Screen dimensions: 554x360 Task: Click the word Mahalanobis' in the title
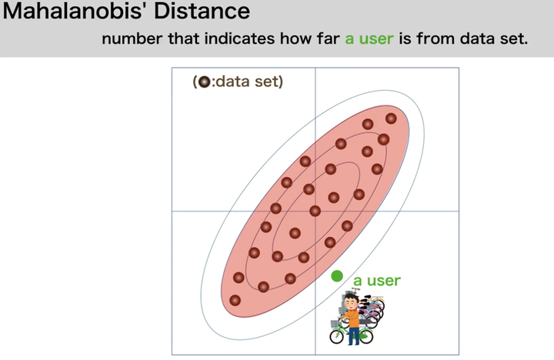(x=75, y=10)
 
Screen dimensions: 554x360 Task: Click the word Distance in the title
(x=202, y=10)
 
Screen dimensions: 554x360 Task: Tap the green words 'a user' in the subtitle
(x=369, y=39)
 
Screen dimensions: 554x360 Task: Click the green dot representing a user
(x=337, y=276)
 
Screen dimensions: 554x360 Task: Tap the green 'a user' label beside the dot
(x=376, y=281)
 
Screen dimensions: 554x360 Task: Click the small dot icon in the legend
(x=204, y=82)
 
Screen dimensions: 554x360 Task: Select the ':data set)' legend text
(x=247, y=82)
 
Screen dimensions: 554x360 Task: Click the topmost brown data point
(x=391, y=118)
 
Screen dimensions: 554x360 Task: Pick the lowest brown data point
(x=235, y=300)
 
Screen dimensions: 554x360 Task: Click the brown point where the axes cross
(x=315, y=212)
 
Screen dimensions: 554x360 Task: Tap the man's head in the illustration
(x=351, y=302)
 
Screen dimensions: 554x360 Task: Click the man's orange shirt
(x=352, y=318)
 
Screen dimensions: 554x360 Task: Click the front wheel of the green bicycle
(x=336, y=336)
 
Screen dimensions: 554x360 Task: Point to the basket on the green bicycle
(x=335, y=324)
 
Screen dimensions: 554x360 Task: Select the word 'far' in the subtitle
(x=329, y=39)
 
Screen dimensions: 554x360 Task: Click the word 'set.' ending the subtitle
(x=514, y=39)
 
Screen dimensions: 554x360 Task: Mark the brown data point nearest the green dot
(x=329, y=242)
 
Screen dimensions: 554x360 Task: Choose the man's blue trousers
(x=353, y=335)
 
